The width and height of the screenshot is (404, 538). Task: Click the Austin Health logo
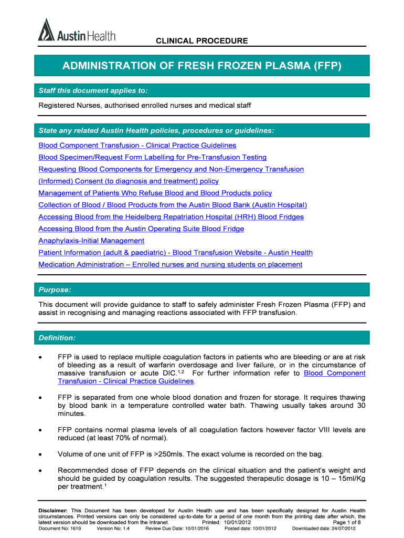pyautogui.click(x=77, y=32)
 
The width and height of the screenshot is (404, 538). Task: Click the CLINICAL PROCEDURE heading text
pyautogui.click(x=201, y=41)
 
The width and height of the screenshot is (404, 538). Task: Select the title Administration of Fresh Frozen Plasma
pyautogui.click(x=202, y=66)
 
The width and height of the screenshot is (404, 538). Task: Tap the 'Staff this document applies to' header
pyautogui.click(x=93, y=91)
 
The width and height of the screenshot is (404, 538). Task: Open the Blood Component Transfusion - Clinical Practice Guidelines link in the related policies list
pyautogui.click(x=137, y=146)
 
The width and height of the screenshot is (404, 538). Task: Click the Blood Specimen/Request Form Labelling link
pyautogui.click(x=153, y=158)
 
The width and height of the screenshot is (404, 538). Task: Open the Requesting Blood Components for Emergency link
pyautogui.click(x=171, y=169)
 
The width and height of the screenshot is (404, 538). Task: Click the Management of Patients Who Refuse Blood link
pyautogui.click(x=155, y=193)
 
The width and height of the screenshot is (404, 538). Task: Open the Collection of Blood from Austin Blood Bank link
pyautogui.click(x=173, y=205)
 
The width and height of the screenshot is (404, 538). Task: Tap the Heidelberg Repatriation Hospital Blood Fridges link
pyautogui.click(x=171, y=217)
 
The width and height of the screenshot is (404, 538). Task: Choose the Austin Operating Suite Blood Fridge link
pyautogui.click(x=141, y=229)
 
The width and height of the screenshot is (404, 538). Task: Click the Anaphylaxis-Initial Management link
pyautogui.click(x=91, y=241)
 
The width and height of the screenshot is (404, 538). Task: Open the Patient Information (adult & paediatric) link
pyautogui.click(x=175, y=253)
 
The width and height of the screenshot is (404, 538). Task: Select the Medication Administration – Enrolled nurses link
pyautogui.click(x=171, y=265)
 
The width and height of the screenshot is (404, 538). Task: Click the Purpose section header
pyautogui.click(x=55, y=290)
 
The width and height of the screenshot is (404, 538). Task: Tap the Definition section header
pyautogui.click(x=57, y=337)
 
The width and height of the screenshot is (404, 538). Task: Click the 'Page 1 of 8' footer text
pyautogui.click(x=347, y=522)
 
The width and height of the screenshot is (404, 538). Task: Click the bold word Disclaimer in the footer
pyautogui.click(x=54, y=511)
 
